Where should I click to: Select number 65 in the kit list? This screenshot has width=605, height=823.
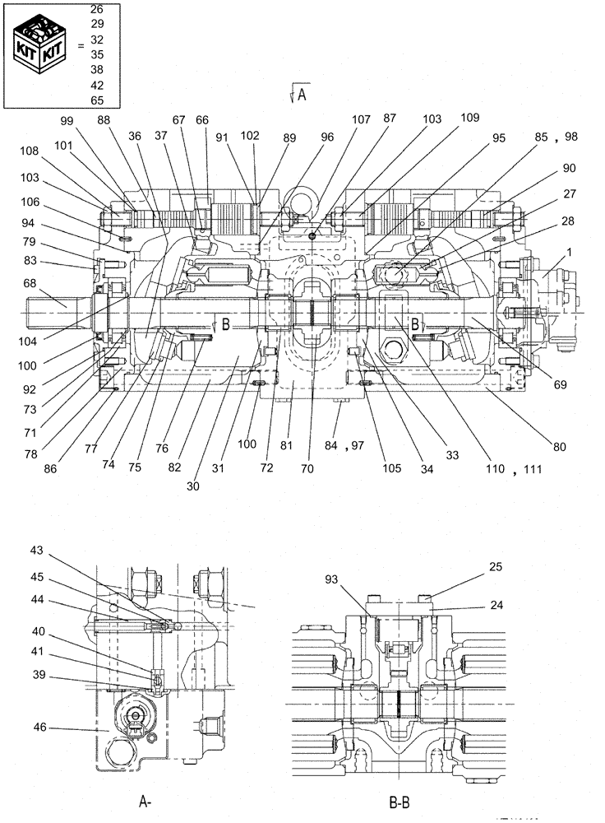[x=97, y=100]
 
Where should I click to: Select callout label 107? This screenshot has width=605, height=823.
[x=361, y=119]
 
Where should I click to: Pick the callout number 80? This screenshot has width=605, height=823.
[x=559, y=447]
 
